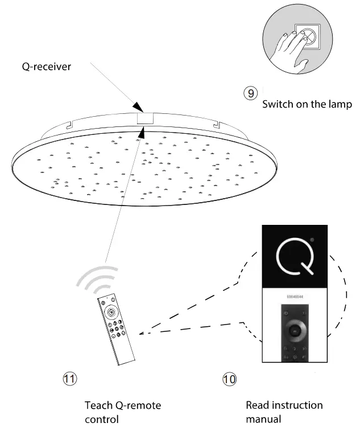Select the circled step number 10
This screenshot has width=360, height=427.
coord(229,379)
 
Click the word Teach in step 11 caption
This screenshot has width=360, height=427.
coord(98,406)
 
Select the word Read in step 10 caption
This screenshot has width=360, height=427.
coord(258,406)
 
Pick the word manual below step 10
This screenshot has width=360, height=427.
coord(263,420)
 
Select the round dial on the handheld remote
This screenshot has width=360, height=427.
coord(110,311)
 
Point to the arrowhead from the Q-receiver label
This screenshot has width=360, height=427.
coord(138,107)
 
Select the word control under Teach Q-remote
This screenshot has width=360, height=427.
coord(102,420)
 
